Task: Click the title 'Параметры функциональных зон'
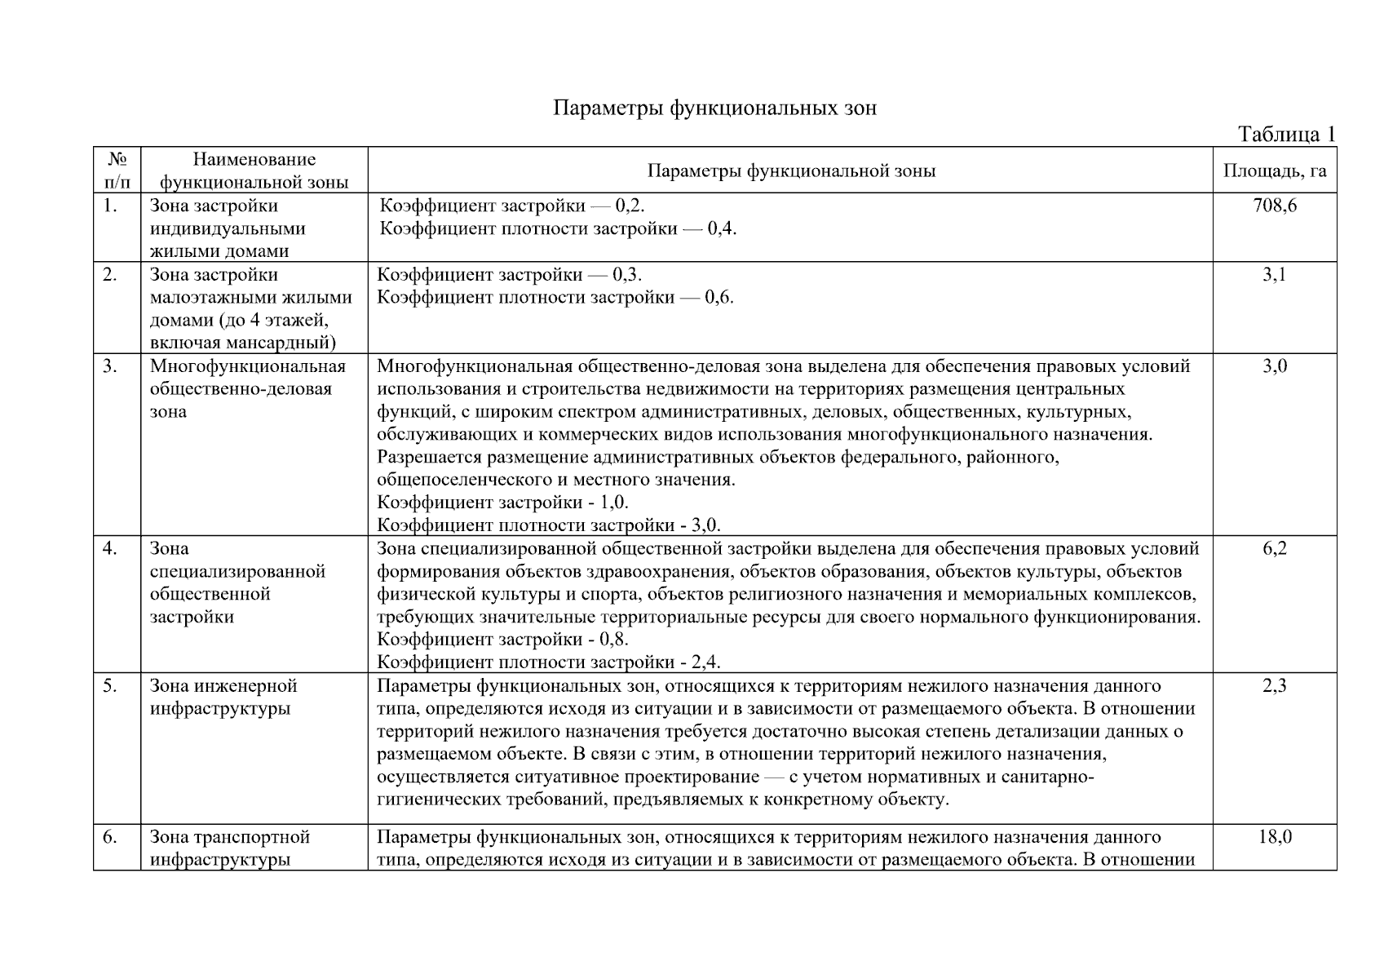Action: [714, 108]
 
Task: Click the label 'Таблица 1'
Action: [1286, 134]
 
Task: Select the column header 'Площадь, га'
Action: [1274, 171]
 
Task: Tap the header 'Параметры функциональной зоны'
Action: [790, 171]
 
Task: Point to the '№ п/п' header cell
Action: [117, 171]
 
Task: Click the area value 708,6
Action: [1274, 206]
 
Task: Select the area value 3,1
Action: [1274, 275]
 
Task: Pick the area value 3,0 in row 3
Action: [1274, 366]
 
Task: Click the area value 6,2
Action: [1274, 548]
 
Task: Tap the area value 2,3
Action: [1274, 685]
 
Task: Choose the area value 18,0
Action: [1274, 837]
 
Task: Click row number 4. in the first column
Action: [110, 548]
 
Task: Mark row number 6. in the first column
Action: [110, 837]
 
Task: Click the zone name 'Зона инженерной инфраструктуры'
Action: [223, 697]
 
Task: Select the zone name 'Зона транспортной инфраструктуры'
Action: [229, 848]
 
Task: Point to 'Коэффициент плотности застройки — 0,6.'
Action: [555, 297]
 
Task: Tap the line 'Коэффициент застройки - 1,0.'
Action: [502, 503]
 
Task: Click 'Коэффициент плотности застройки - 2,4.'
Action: [548, 662]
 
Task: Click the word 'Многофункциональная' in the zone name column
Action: [248, 366]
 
